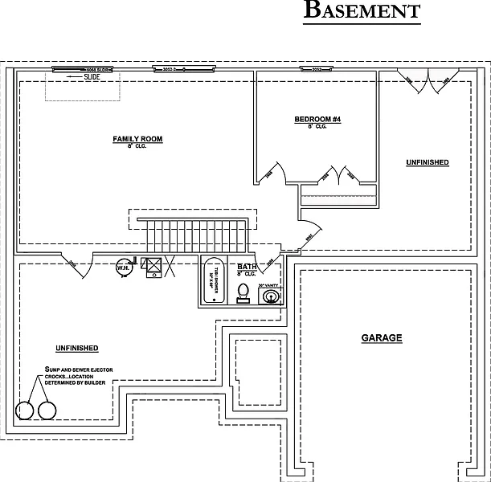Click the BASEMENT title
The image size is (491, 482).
[x=362, y=11]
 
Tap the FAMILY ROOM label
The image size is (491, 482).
[x=137, y=139]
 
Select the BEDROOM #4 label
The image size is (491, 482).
[x=317, y=120]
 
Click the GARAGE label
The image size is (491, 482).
[x=381, y=338]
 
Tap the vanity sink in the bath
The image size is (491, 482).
[x=272, y=297]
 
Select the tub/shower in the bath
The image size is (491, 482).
[x=212, y=281]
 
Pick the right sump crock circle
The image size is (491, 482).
[x=47, y=411]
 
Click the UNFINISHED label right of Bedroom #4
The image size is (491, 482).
[x=427, y=162]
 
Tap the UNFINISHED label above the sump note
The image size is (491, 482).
[x=76, y=348]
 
